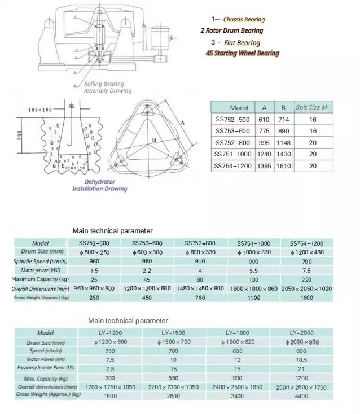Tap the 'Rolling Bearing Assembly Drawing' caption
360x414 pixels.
click(107, 88)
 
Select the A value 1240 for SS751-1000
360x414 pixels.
click(264, 154)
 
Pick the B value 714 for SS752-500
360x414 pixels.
click(283, 120)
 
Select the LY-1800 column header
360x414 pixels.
click(238, 333)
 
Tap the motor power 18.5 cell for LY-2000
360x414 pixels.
click(301, 359)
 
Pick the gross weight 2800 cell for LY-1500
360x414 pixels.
click(173, 396)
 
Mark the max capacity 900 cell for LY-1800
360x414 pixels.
click(238, 378)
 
